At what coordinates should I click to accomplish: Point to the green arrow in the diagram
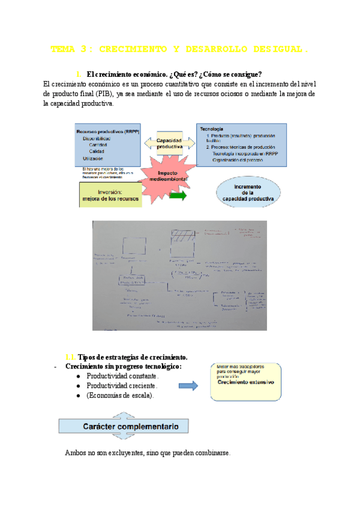coord(178,197)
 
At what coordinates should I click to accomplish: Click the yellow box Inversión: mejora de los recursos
coord(110,195)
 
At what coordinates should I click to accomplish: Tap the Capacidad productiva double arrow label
coord(170,143)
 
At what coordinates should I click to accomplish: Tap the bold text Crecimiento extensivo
coord(245,382)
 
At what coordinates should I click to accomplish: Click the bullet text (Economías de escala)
coord(119,396)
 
